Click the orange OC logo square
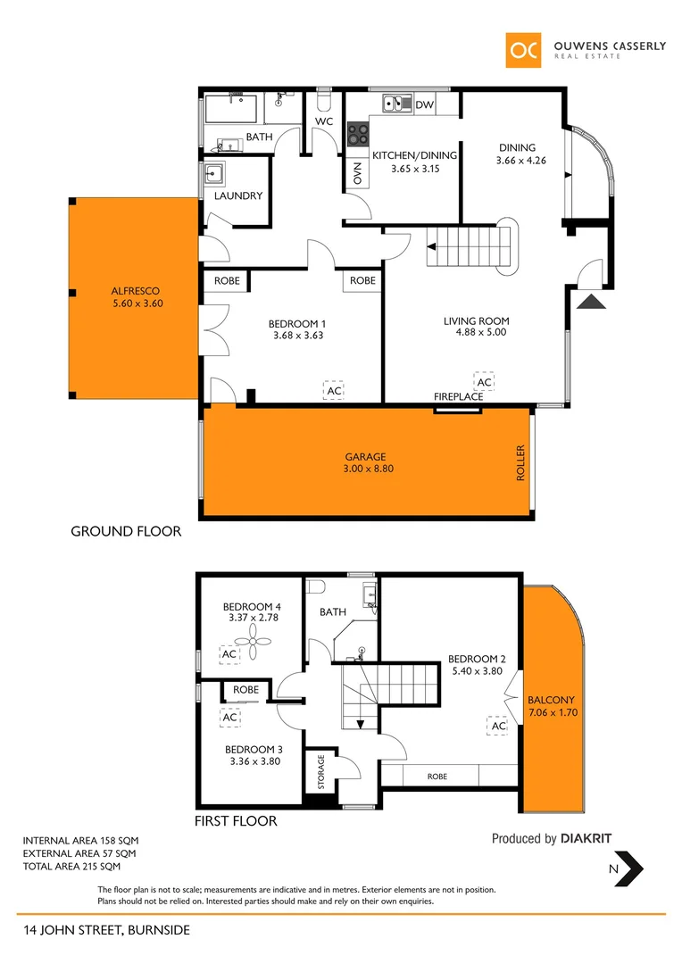(523, 51)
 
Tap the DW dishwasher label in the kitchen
(425, 105)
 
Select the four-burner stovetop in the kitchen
(358, 134)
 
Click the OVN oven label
(357, 174)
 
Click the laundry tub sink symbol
(215, 172)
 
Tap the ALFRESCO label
(137, 291)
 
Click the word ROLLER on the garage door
(521, 464)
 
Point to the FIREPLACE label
(459, 396)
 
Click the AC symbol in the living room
(484, 382)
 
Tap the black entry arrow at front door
(590, 303)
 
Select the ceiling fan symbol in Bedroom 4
(253, 634)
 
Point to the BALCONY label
(551, 701)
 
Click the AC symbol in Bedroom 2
(498, 727)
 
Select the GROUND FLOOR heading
(126, 531)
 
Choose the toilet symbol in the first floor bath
(315, 587)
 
